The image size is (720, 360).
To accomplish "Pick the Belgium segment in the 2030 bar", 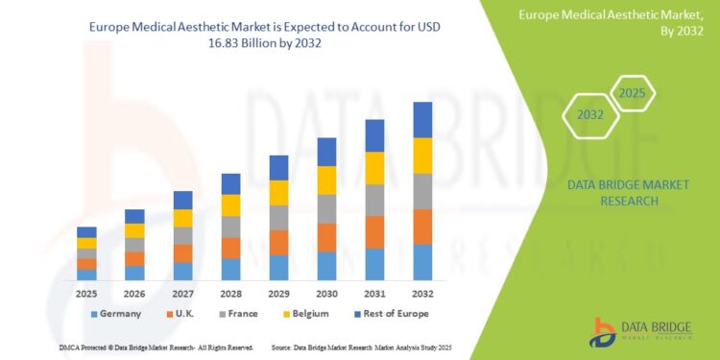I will tap(326, 180).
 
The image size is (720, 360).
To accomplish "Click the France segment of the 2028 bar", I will tap(230, 227).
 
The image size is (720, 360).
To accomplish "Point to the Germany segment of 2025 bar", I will tap(86, 275).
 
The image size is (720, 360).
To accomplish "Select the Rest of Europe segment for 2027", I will tap(182, 200).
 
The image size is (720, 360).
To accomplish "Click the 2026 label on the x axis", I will tap(134, 293).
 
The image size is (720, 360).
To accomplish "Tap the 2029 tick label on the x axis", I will tap(278, 293).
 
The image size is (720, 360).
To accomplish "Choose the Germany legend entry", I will tap(115, 314).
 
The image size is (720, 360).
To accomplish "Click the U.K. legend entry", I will tap(183, 314).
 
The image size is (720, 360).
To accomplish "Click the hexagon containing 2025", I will tap(630, 93).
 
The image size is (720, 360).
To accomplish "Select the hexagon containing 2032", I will tap(589, 114).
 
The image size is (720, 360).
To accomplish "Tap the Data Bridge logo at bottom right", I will tap(638, 332).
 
